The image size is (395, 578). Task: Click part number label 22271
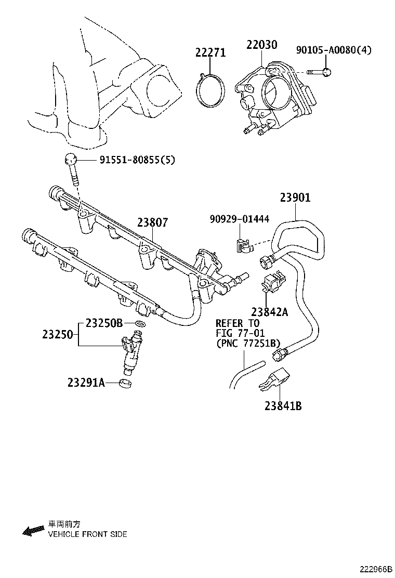pos(210,52)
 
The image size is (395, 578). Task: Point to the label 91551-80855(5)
pos(137,160)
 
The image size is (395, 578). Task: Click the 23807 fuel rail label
pos(153,222)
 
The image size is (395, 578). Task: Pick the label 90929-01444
pos(240,219)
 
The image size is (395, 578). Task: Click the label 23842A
pos(269,312)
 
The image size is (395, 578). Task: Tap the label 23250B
pos(104,323)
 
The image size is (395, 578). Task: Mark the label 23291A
pos(86,383)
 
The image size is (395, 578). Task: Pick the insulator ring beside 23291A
pos(125,384)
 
